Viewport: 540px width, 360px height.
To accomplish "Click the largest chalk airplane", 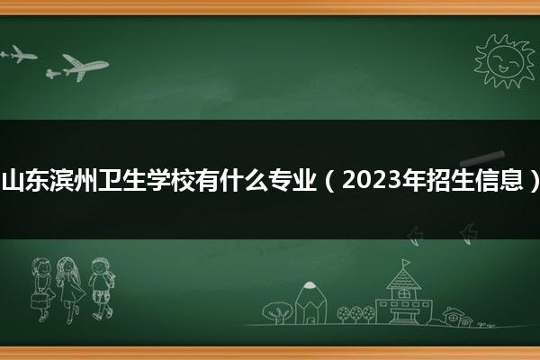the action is [86, 66].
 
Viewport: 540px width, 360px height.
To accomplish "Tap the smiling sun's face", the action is [505, 60].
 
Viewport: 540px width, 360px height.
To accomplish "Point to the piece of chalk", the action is [482, 157].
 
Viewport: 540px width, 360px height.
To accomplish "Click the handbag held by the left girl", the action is [39, 301].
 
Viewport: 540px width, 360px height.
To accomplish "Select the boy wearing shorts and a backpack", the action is [101, 288].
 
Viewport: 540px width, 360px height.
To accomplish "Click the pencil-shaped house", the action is [310, 303].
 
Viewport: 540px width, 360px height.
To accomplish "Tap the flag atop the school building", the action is [407, 263].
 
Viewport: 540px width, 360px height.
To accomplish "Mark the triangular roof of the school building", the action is [403, 279].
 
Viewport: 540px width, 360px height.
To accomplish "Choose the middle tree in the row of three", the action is [355, 314].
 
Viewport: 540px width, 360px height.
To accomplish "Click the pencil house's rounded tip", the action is [310, 284].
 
